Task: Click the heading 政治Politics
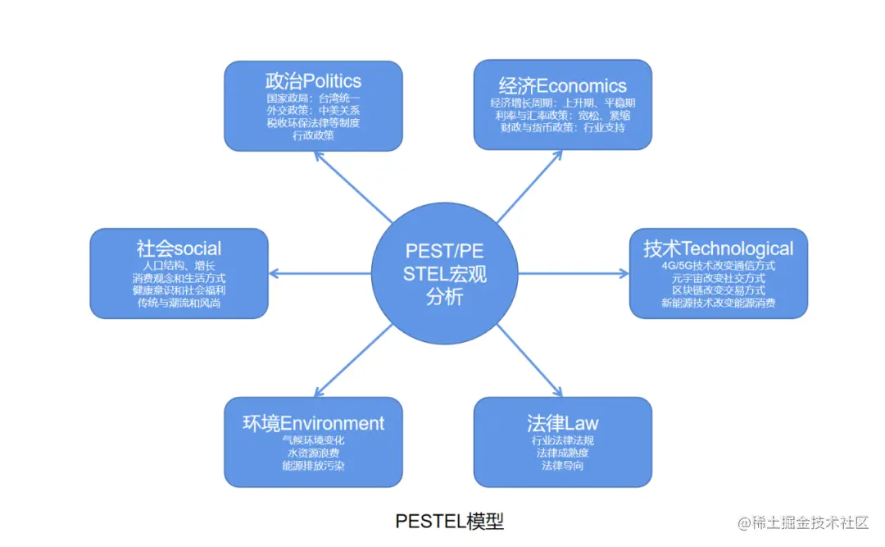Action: (x=313, y=81)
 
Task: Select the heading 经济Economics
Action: (x=562, y=85)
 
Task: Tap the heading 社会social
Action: (x=179, y=248)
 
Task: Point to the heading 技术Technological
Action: (x=718, y=248)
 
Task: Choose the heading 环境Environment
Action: (x=313, y=423)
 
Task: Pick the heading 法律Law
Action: (x=562, y=423)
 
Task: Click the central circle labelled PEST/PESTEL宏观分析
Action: (x=445, y=273)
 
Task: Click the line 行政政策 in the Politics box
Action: (x=313, y=135)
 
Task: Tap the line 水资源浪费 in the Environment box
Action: (x=313, y=453)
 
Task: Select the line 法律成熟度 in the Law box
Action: (x=562, y=453)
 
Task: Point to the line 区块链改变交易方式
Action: (x=718, y=290)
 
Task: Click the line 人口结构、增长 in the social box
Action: (x=179, y=266)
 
